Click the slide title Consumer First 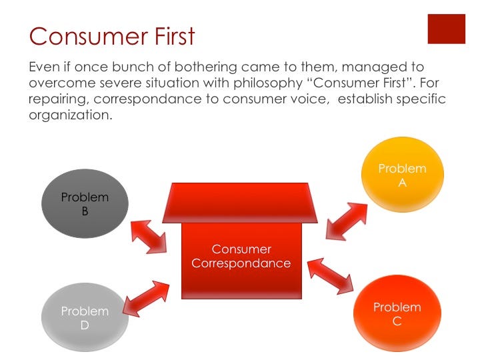coord(112,35)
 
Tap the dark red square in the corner coord(446,28)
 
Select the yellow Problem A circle coord(402,175)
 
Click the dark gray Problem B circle coord(85,204)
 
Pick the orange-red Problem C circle coord(397,314)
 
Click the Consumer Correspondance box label coord(241,257)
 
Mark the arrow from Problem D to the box coord(146,298)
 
